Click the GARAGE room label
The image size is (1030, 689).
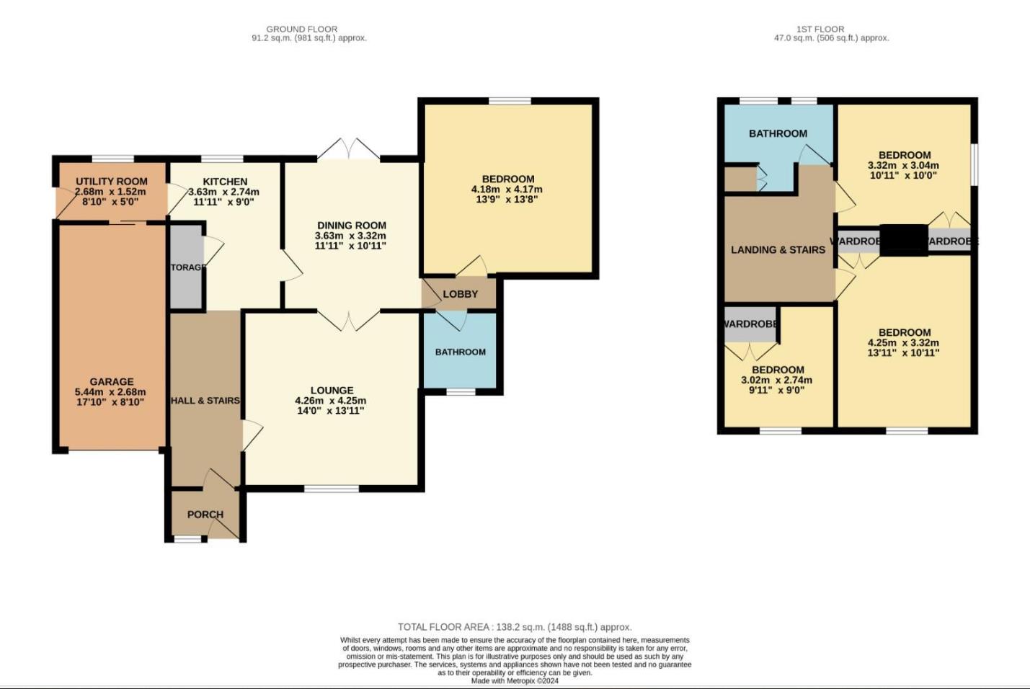point(112,382)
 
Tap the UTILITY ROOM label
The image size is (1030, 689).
point(112,182)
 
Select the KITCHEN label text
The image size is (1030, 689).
point(225,182)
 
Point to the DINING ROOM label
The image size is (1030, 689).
point(352,226)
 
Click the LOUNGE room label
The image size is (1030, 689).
point(332,391)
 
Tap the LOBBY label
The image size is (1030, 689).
point(461,294)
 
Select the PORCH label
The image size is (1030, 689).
point(205,515)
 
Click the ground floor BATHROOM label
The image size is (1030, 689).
point(461,352)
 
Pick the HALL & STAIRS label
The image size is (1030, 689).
point(205,401)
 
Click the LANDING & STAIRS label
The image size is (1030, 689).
point(778,250)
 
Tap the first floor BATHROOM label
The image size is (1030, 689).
point(778,133)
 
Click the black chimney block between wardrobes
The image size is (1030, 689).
point(904,240)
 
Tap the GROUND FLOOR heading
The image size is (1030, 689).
point(301,30)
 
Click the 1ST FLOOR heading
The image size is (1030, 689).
point(820,30)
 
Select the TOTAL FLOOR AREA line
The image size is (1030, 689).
point(515,627)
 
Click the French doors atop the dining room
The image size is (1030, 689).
point(349,150)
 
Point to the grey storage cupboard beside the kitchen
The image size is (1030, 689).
point(186,267)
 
